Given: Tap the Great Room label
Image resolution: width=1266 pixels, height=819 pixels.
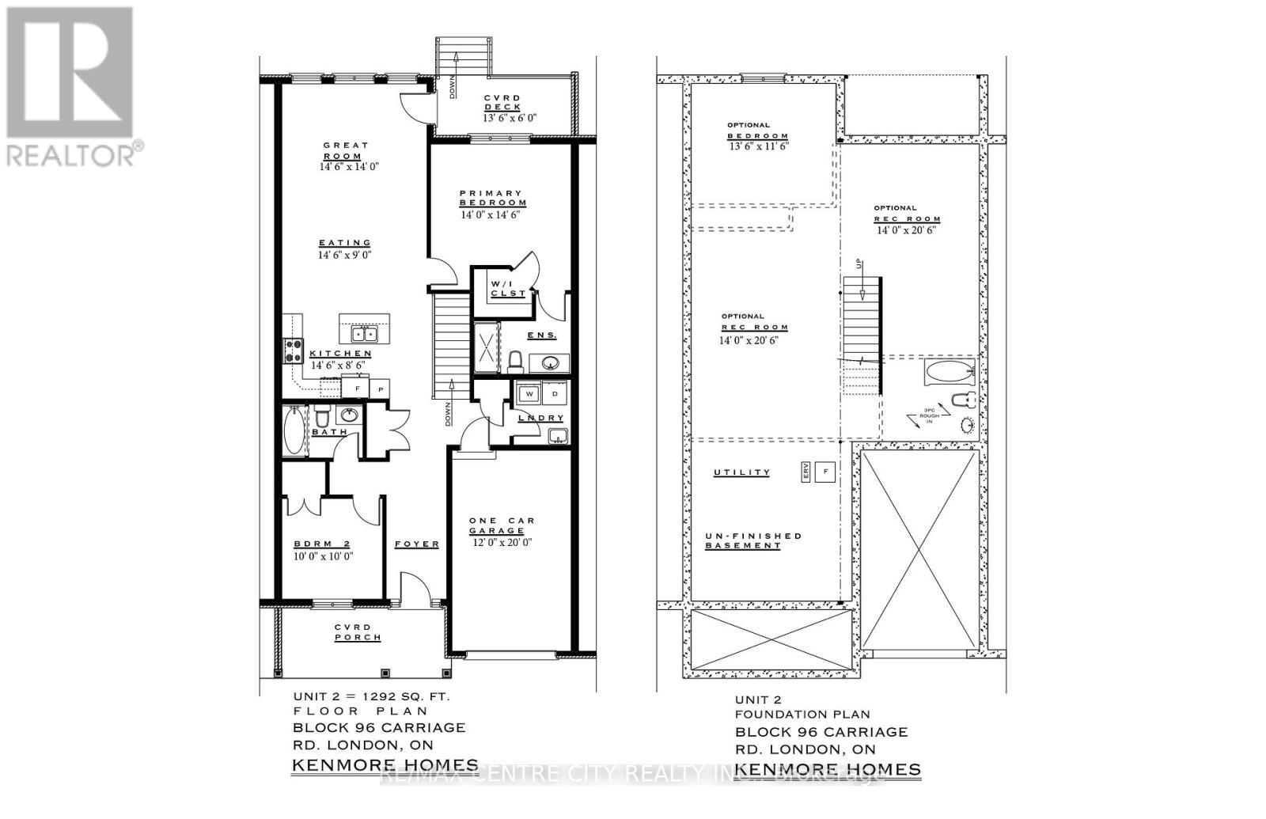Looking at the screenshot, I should [345, 150].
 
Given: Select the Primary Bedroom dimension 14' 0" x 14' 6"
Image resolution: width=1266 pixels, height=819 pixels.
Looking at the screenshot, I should [491, 214].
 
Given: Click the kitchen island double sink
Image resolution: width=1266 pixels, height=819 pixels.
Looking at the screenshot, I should [366, 333].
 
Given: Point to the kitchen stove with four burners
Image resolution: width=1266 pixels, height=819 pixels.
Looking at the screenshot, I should [293, 350].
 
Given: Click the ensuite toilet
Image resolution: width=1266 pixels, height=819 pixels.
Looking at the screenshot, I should [515, 362].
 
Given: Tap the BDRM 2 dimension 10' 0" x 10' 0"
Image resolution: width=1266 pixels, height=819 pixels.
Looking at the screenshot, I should [323, 556].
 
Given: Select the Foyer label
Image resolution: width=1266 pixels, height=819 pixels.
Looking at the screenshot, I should [417, 544].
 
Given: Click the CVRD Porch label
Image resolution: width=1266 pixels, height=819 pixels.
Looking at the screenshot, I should [358, 632].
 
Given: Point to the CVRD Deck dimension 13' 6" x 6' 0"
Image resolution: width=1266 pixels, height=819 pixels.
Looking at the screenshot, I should [510, 118].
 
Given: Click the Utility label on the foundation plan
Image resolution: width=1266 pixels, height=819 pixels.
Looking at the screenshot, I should [741, 472].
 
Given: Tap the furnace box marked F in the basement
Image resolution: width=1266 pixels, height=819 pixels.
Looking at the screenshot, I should [825, 472].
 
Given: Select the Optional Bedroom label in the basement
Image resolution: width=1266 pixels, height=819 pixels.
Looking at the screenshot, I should [758, 131].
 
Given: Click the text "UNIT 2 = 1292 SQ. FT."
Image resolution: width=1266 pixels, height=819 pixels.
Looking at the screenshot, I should [371, 697].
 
